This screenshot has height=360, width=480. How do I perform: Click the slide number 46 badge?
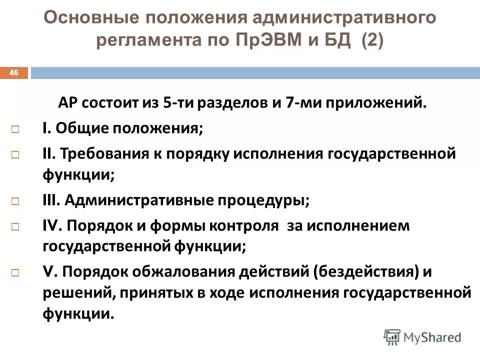coord(14,73)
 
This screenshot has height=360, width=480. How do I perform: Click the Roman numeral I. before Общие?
coord(46,129)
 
